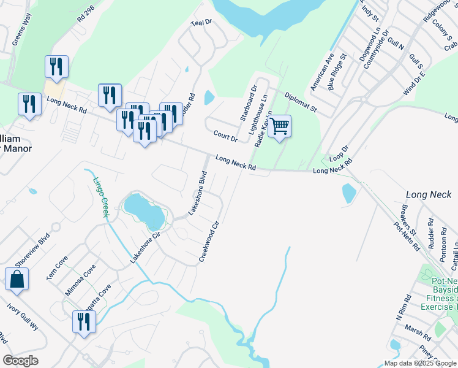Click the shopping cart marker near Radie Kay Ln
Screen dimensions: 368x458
(x=279, y=127)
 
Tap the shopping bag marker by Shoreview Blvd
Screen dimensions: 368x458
(x=17, y=279)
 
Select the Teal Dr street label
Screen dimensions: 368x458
(x=200, y=23)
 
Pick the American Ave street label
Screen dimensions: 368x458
(x=321, y=72)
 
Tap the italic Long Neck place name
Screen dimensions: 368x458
(x=429, y=194)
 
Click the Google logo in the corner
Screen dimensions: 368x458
(x=20, y=361)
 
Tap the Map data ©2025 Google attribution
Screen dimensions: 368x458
(x=419, y=363)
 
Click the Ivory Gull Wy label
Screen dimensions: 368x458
(x=23, y=317)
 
